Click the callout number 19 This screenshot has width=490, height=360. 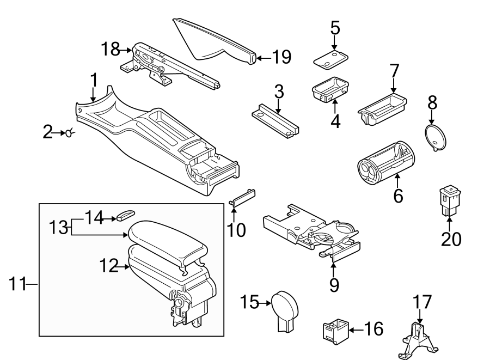(x=281, y=57)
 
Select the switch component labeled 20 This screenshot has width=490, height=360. (x=450, y=200)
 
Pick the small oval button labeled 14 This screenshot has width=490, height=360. (x=124, y=216)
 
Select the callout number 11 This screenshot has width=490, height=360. (x=18, y=284)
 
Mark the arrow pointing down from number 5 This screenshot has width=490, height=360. (x=334, y=42)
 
